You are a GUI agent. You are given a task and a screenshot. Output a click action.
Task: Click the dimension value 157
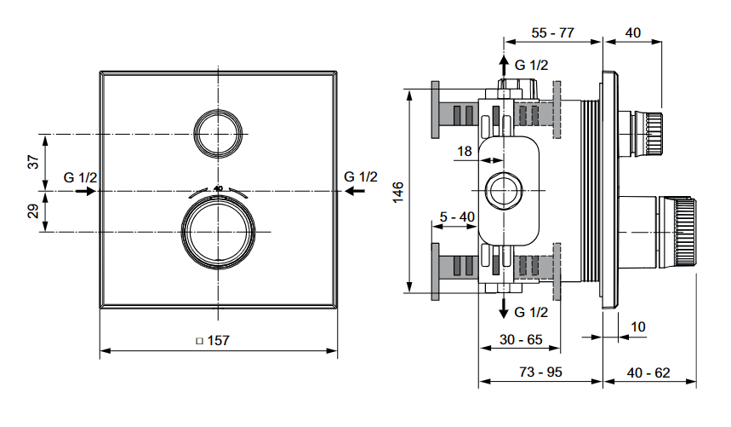[x=219, y=340]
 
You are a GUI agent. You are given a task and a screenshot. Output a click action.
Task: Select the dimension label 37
[x=33, y=162]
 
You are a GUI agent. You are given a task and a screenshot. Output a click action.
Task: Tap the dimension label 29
[x=33, y=212]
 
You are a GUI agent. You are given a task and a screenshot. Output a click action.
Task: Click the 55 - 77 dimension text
[x=552, y=32]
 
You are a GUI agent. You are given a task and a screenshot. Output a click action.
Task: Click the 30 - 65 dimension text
[x=520, y=338]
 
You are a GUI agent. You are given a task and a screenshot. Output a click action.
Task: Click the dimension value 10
[x=639, y=326]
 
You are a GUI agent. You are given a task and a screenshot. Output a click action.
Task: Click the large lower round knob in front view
[x=218, y=232]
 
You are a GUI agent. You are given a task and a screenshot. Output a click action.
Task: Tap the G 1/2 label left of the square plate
[x=81, y=177]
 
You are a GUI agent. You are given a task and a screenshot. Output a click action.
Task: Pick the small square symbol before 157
[x=199, y=341]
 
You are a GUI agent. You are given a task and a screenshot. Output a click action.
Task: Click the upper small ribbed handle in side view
[x=650, y=131]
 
